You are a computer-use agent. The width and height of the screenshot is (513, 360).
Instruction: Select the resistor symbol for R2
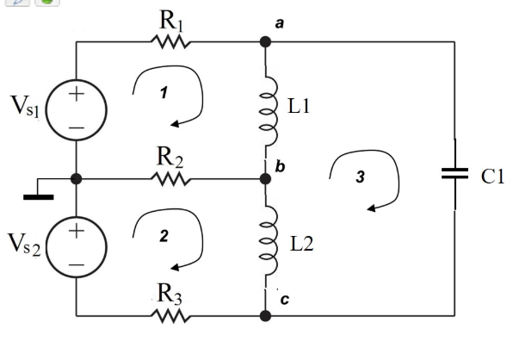click(170, 178)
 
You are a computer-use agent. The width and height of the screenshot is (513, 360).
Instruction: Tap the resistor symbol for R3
click(170, 315)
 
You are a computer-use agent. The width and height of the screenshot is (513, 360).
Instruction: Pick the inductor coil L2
click(266, 245)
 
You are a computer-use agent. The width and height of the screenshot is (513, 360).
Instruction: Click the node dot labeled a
click(265, 41)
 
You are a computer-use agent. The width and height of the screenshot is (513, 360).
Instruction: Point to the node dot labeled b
click(265, 179)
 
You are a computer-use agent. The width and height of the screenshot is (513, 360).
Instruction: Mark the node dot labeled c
click(265, 315)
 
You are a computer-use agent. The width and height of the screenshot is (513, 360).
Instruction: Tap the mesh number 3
click(361, 176)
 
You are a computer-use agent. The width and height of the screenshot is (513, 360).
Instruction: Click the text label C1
click(491, 177)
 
